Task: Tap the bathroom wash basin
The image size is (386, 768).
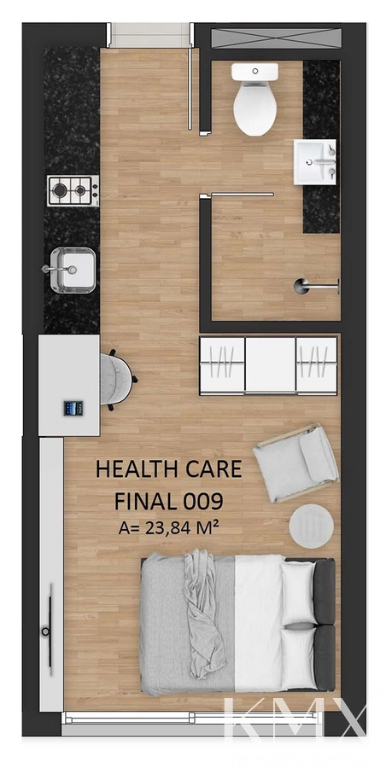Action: pyautogui.click(x=315, y=161)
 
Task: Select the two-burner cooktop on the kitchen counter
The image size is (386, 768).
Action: pyautogui.click(x=73, y=190)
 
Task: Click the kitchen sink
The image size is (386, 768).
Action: pyautogui.click(x=73, y=270)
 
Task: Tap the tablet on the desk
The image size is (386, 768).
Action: pyautogui.click(x=73, y=408)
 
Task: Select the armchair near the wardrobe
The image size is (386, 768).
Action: pyautogui.click(x=295, y=463)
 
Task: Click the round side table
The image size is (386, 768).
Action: pyautogui.click(x=312, y=526)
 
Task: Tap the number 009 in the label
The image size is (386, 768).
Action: pyautogui.click(x=203, y=501)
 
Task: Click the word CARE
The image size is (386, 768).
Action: pyautogui.click(x=213, y=468)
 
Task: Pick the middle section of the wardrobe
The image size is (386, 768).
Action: pyautogui.click(x=270, y=364)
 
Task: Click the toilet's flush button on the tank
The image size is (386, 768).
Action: pyautogui.click(x=255, y=71)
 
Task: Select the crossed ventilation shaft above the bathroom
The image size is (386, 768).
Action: pyautogui.click(x=276, y=38)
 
